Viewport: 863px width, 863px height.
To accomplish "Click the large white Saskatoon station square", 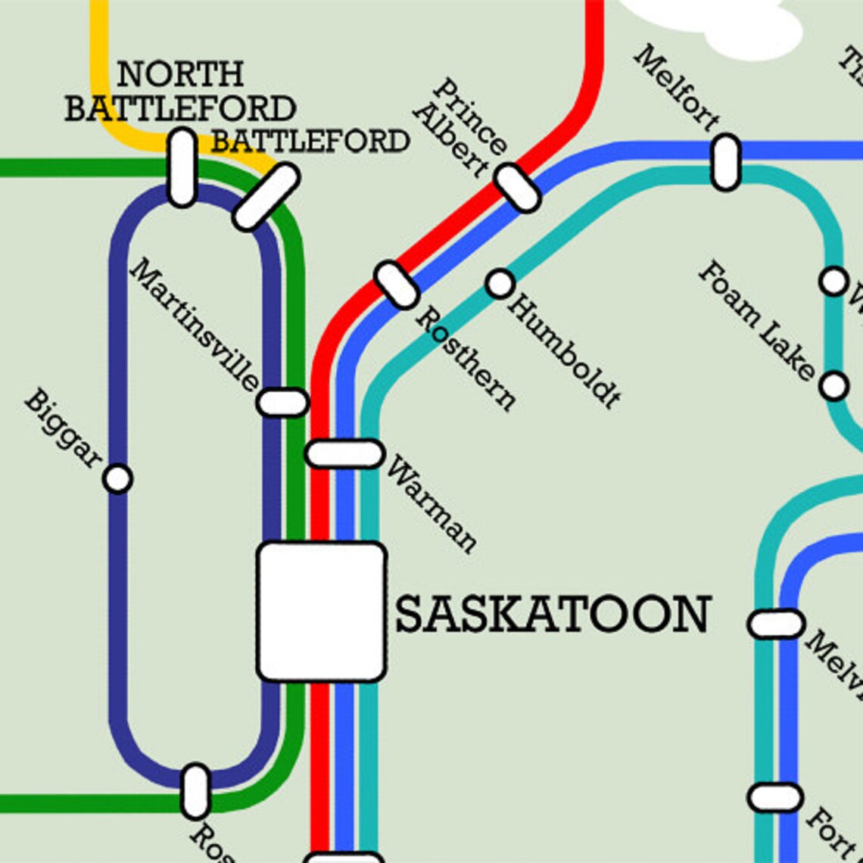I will (x=322, y=612).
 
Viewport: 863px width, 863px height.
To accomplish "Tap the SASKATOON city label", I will (x=553, y=614).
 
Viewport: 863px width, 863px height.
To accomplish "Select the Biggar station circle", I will (x=117, y=478).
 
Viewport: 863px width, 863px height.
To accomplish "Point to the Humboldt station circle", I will (x=500, y=283).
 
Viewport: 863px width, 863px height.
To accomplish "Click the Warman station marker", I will (x=344, y=453).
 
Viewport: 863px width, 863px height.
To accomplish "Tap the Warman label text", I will (x=432, y=503).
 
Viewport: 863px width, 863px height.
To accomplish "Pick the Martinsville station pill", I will (x=282, y=402).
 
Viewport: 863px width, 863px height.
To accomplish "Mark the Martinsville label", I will (x=195, y=326).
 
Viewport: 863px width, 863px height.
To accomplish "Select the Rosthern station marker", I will (x=397, y=285).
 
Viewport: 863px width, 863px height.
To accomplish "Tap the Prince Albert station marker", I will (x=518, y=187).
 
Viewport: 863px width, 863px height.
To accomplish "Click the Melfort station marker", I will (x=725, y=161).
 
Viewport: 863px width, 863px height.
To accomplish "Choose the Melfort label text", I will (x=676, y=87).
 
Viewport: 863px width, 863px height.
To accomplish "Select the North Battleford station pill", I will (x=182, y=167).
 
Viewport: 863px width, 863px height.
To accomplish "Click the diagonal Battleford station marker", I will (x=266, y=197).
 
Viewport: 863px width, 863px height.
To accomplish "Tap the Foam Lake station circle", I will (x=833, y=386).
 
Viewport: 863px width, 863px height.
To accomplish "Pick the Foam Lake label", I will (x=756, y=320).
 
